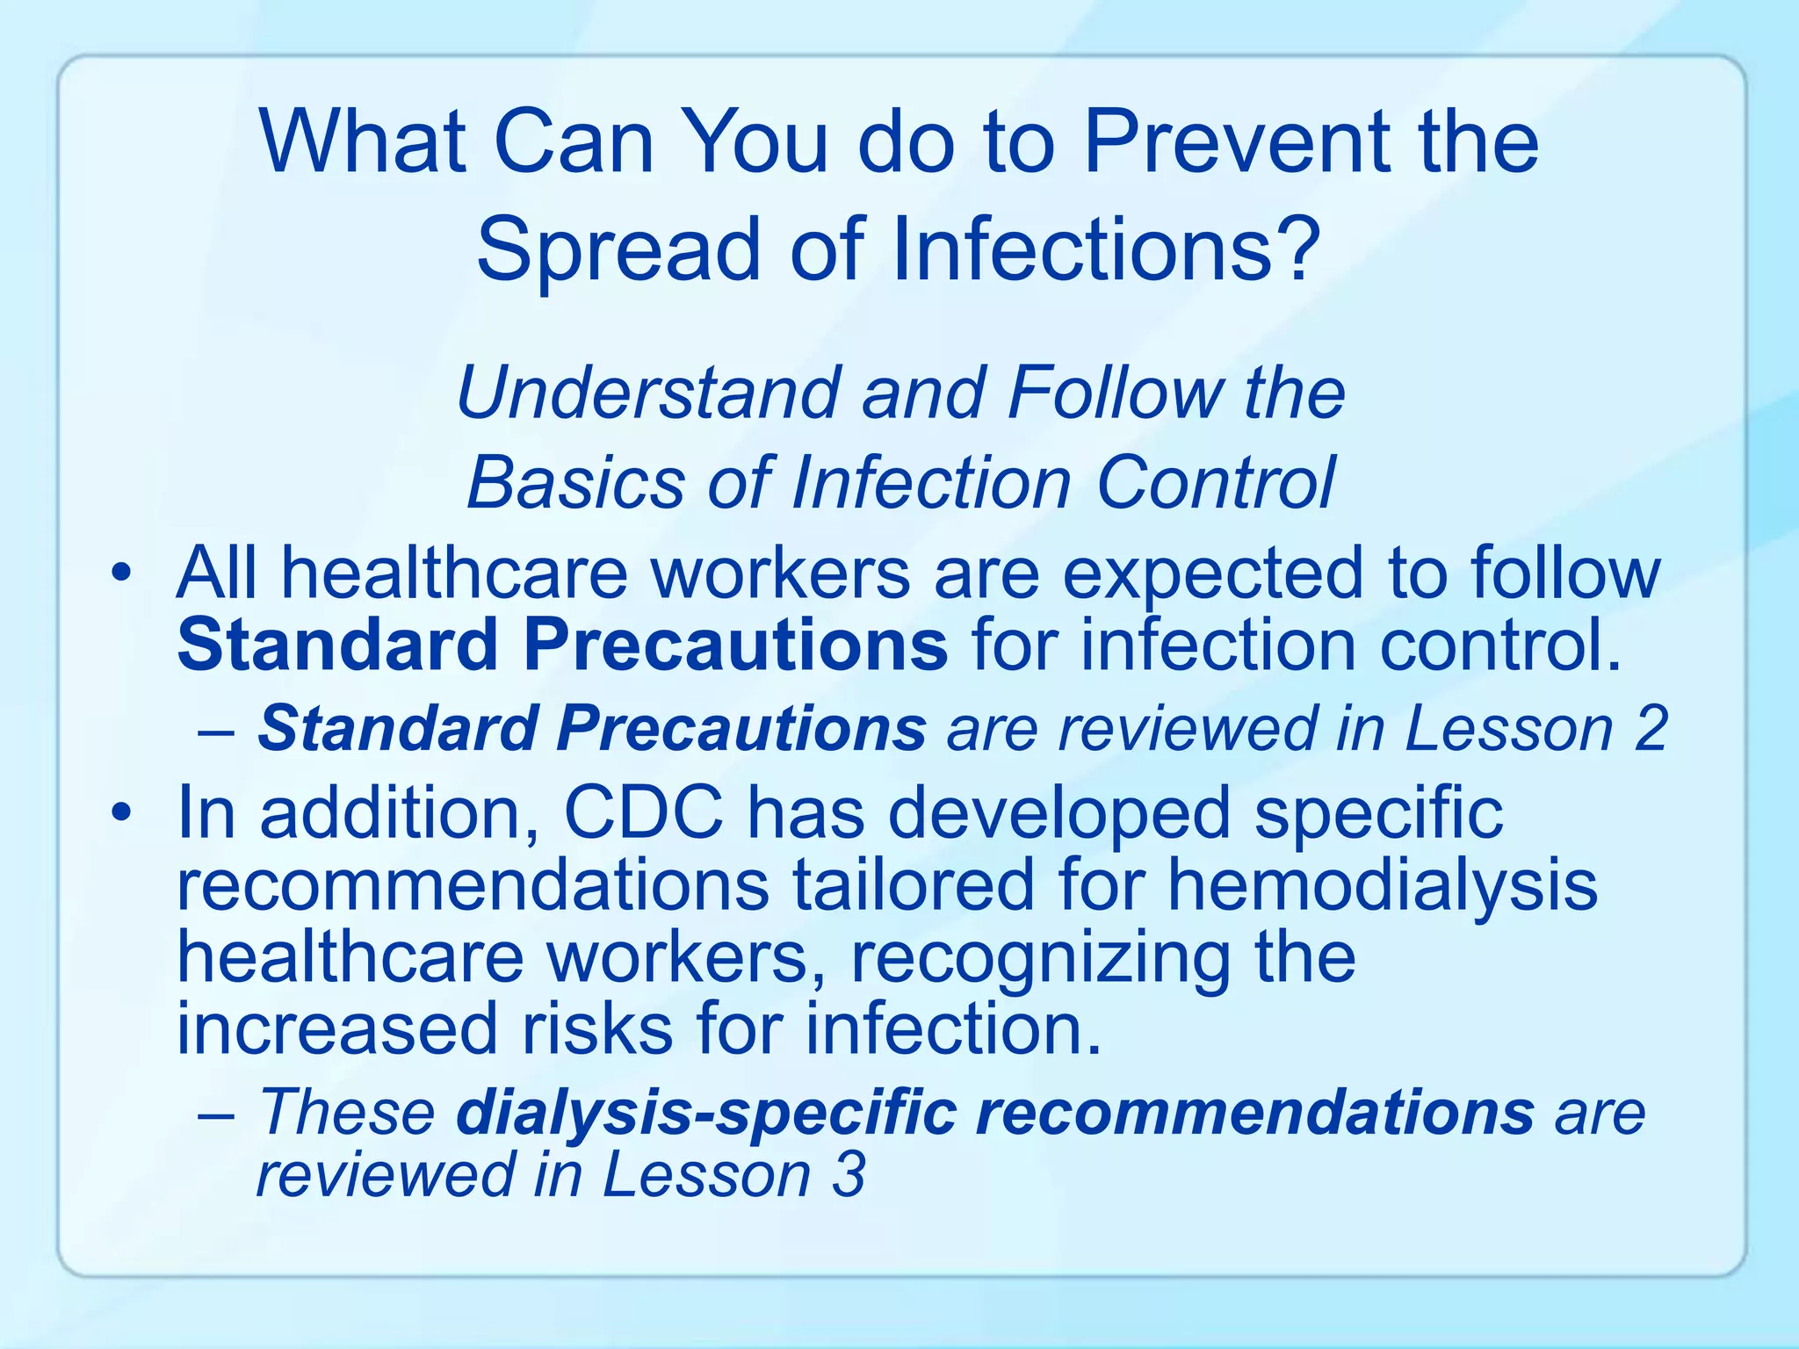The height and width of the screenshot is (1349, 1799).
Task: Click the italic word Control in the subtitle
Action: [x=1216, y=482]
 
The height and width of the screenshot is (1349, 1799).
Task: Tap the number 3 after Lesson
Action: [x=849, y=1175]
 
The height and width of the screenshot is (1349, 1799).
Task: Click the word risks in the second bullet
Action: [x=597, y=1029]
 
